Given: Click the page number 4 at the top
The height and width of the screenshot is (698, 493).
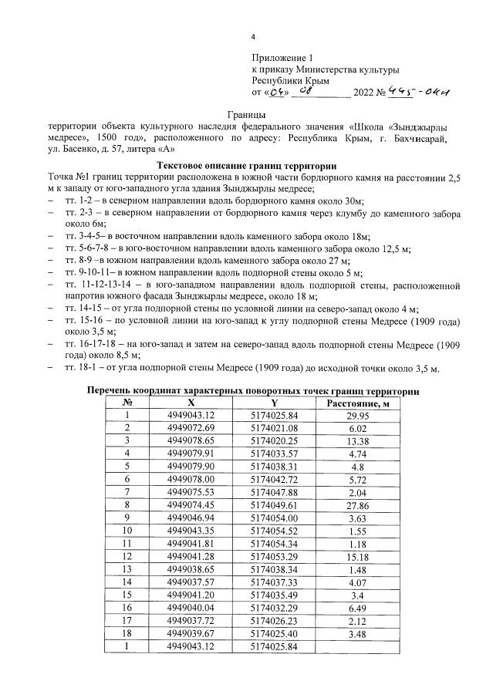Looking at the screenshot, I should [x=255, y=38].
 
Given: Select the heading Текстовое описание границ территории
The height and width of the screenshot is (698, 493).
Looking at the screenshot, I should [x=246, y=165].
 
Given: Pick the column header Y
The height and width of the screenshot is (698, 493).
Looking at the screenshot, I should [x=274, y=403].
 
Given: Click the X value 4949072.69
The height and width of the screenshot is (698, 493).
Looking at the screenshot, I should [x=191, y=427].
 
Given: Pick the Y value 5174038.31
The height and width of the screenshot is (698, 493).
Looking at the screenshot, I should [x=274, y=465].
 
